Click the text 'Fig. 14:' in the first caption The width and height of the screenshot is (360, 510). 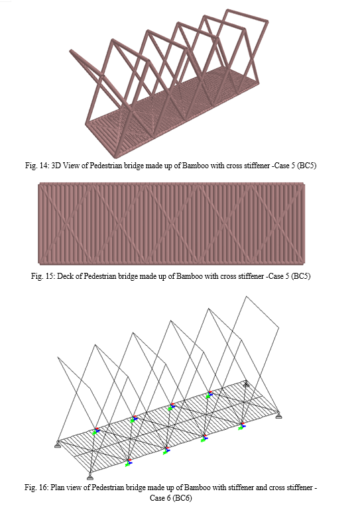pos(36,166)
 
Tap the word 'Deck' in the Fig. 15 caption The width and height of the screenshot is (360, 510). pos(65,276)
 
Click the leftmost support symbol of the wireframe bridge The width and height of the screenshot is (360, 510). pos(58,444)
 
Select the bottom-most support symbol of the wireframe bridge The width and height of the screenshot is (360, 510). pos(90,476)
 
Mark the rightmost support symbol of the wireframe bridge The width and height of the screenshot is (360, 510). pos(278,415)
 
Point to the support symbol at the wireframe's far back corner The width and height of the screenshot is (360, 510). pos(247,384)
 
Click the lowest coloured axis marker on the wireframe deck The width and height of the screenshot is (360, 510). pos(129,462)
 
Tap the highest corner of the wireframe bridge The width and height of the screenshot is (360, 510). pos(247,296)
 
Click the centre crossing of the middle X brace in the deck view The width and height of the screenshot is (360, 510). pos(171,223)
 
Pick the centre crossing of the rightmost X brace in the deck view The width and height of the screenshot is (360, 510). pos(277,223)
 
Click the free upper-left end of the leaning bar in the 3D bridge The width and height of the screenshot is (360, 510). pos(71,52)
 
